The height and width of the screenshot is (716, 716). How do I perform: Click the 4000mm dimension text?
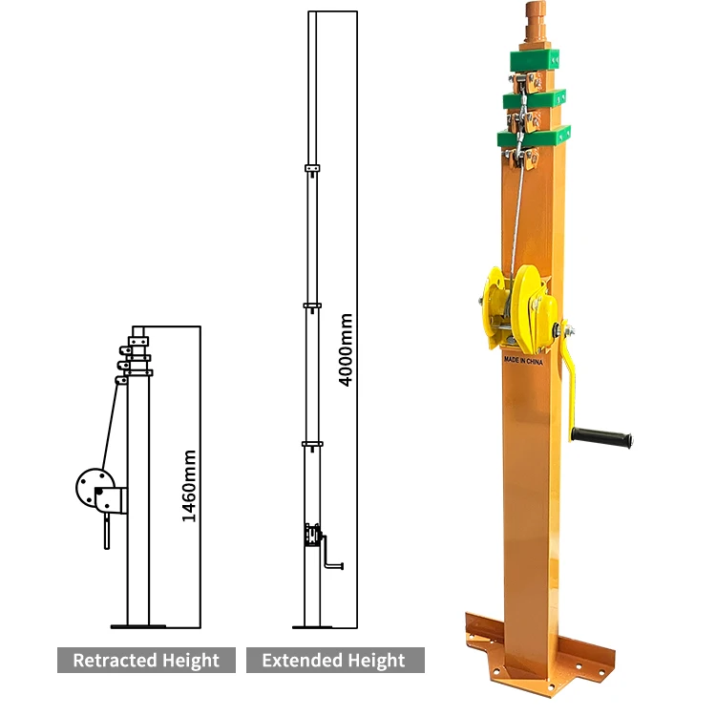pos(347,349)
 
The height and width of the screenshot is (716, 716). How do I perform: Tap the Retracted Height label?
pos(146,660)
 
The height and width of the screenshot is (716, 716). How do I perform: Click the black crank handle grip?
pos(602,438)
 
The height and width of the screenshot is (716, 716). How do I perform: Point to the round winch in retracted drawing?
pos(94,489)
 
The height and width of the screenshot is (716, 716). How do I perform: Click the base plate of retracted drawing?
pos(138,626)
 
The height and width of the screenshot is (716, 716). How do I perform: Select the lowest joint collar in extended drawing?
pos(312,444)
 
